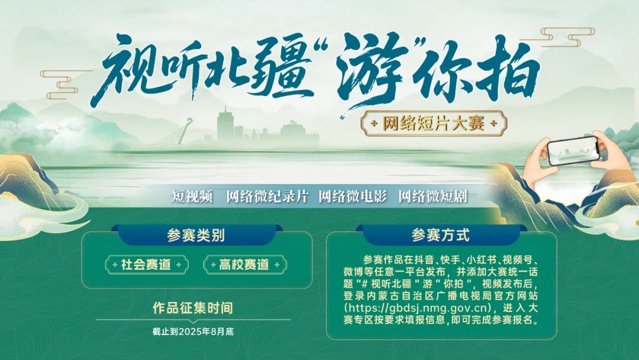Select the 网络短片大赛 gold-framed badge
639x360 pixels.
pyautogui.click(x=434, y=123)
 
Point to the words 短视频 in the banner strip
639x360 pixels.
pyautogui.click(x=192, y=197)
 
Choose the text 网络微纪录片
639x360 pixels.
pyautogui.click(x=267, y=197)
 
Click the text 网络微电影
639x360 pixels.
pyautogui.click(x=353, y=197)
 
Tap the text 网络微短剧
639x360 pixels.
pyautogui.click(x=433, y=197)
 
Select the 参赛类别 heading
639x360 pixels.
pyautogui.click(x=196, y=235)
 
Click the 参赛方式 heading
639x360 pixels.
pyautogui.click(x=441, y=235)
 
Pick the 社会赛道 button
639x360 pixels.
pyautogui.click(x=146, y=265)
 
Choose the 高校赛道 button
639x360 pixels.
pyautogui.click(x=245, y=265)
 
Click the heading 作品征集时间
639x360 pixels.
pyautogui.click(x=193, y=308)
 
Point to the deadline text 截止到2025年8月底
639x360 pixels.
pyautogui.click(x=193, y=332)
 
